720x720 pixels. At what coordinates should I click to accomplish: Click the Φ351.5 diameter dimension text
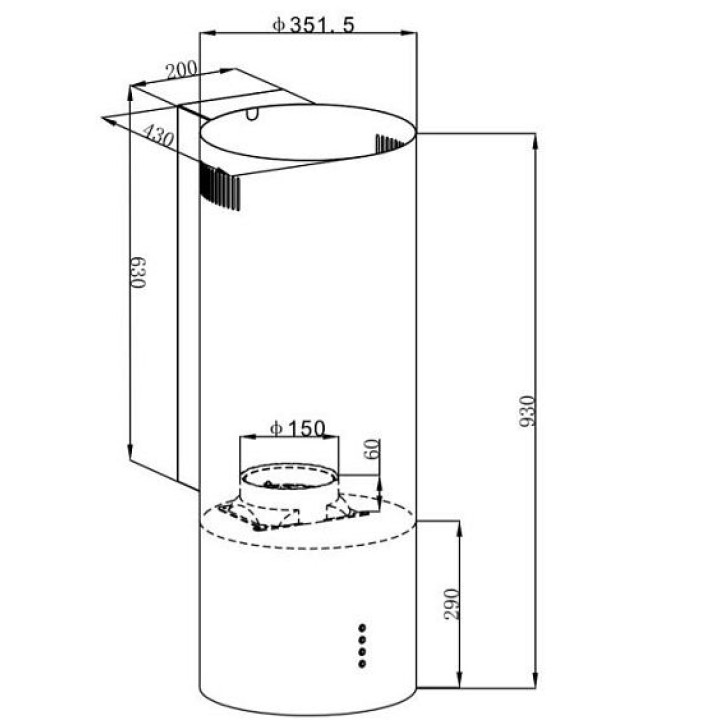coord(314,24)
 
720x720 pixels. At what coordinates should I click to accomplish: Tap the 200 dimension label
coord(181,70)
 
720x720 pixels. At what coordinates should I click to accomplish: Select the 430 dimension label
coord(158,135)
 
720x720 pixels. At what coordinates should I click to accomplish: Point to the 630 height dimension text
coord(138,272)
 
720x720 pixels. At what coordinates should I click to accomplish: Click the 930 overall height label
coord(527,411)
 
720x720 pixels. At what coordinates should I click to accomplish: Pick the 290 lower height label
coord(452,604)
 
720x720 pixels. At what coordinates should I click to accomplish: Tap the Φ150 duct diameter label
coord(298,428)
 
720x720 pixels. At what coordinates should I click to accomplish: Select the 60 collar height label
coord(372,449)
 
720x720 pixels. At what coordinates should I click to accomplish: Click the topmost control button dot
coord(362,627)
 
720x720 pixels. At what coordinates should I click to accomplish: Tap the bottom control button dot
coord(362,664)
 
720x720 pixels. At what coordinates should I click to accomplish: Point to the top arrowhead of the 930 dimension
coord(535,141)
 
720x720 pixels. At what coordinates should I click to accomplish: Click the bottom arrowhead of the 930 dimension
coord(535,680)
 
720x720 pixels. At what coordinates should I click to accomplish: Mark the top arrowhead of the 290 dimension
coord(460,529)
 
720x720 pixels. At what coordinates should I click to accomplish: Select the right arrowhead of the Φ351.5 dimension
coord(409,33)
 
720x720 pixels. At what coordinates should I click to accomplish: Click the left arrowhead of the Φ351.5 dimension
coord(208,33)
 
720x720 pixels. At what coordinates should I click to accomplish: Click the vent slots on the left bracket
coord(219,187)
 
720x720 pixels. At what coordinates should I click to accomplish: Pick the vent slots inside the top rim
coord(388,143)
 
